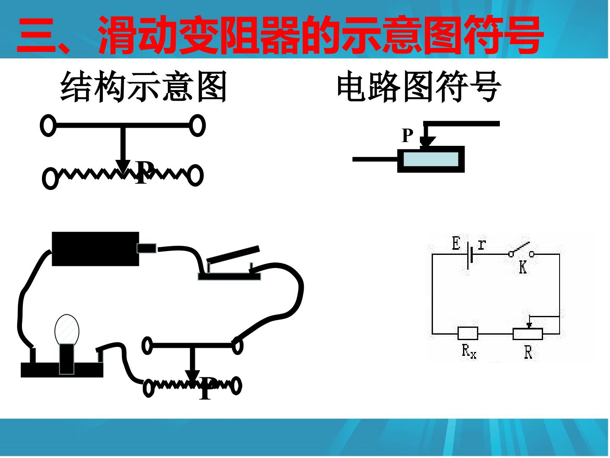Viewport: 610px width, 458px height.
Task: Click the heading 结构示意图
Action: [144, 87]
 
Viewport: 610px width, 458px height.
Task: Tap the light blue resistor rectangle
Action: [431, 159]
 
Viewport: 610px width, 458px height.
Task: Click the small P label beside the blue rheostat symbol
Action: [408, 136]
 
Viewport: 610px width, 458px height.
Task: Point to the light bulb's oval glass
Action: [67, 330]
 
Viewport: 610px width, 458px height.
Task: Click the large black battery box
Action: [95, 249]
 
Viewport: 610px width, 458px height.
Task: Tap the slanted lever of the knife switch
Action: [233, 255]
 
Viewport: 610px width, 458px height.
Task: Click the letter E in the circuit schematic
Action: [456, 243]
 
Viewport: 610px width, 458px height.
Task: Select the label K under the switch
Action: [523, 268]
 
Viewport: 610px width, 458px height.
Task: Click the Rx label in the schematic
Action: [469, 352]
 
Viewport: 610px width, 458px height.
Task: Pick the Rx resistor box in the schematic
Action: [468, 333]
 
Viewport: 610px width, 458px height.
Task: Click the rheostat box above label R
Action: [528, 334]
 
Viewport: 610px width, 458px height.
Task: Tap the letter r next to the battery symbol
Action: [482, 244]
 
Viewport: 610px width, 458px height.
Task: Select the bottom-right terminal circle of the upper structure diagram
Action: [195, 176]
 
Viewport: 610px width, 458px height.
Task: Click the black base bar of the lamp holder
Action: [62, 370]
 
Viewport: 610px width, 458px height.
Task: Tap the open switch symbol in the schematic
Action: [521, 250]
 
